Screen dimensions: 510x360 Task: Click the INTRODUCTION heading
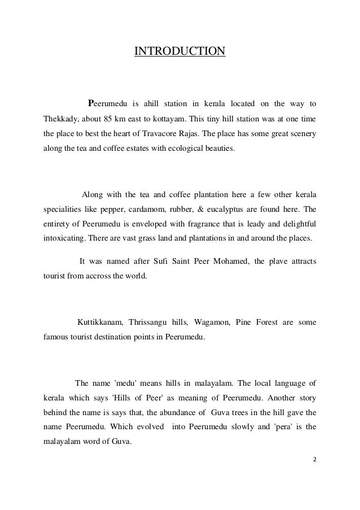tap(179, 53)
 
